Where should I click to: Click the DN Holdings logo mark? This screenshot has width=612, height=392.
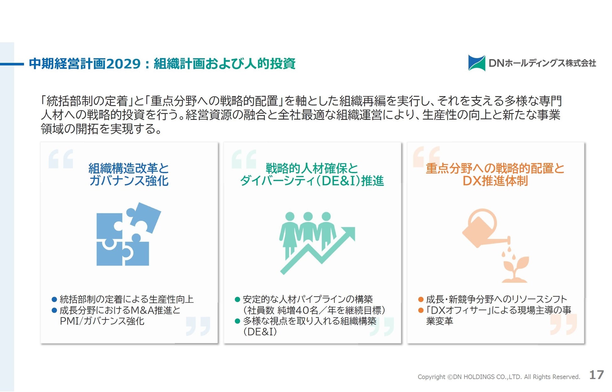point(476,63)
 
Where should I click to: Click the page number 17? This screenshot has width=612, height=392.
point(596,375)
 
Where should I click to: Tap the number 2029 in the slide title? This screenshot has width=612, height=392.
point(123,64)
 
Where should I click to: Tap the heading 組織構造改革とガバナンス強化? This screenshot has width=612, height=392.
point(129,175)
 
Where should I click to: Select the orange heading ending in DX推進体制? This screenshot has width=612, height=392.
point(495,175)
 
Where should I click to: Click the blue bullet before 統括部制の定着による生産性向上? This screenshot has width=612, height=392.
point(54,299)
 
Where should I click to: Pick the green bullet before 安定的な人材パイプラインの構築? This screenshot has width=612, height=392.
point(237,299)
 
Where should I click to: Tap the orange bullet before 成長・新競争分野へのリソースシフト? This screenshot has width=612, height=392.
point(421,299)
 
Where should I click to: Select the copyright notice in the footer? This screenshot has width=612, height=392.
point(499,377)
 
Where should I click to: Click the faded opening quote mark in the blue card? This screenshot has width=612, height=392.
point(61,159)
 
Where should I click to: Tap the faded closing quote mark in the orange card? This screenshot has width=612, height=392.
point(564,324)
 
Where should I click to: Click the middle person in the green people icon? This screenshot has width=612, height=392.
point(308,231)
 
